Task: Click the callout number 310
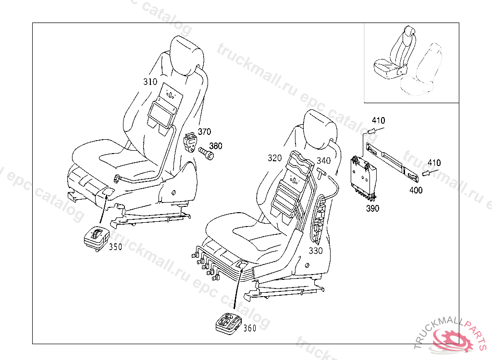click(150, 82)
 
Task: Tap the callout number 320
click(275, 158)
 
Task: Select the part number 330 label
click(316, 251)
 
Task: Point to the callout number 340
click(324, 161)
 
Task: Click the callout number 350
click(115, 247)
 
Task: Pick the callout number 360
click(250, 328)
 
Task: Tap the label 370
click(205, 132)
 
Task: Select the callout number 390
click(372, 208)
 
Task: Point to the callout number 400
click(416, 190)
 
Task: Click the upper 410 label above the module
click(378, 120)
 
